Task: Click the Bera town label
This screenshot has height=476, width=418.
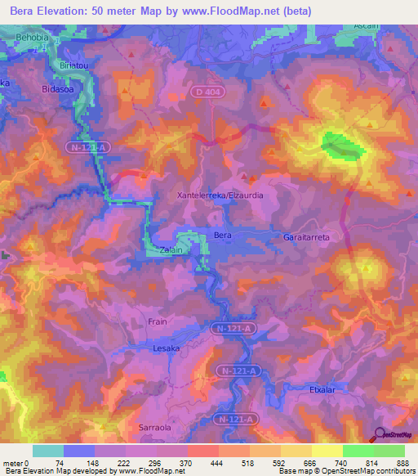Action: tap(222, 236)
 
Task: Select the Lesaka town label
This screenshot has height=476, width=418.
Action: tap(166, 348)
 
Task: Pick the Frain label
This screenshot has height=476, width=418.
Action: tap(157, 321)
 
